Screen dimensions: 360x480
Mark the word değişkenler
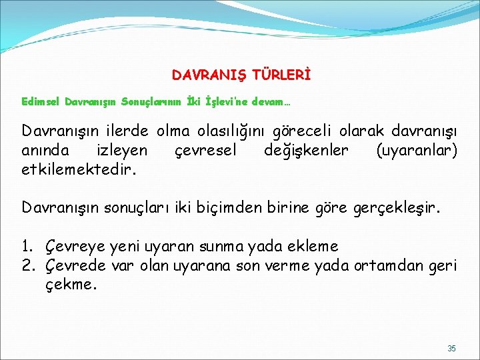click(306, 151)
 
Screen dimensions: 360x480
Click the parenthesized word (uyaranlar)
click(417, 151)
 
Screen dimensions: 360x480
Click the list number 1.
click(27, 247)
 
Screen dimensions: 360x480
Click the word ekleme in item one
click(314, 247)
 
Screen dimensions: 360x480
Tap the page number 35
click(451, 349)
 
